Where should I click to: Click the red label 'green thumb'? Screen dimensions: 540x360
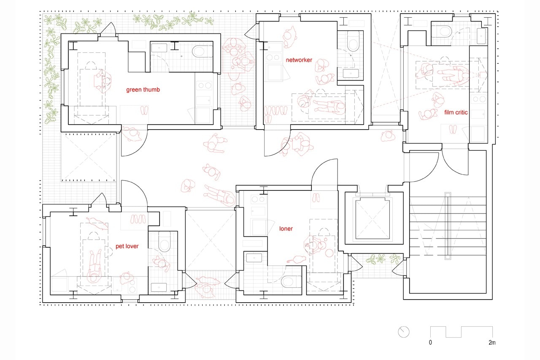coord(143,90)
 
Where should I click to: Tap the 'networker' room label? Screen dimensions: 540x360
coord(299,60)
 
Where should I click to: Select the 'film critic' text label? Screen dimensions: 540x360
coord(456,112)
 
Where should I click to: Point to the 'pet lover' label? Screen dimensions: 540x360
coord(127,246)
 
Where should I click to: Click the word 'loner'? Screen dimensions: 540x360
coord(286,229)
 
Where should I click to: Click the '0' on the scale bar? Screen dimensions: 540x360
coord(430,342)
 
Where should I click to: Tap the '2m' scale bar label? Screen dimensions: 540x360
coord(492,342)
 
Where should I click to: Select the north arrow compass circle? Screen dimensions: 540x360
coord(404,332)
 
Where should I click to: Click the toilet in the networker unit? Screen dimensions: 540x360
coord(353,41)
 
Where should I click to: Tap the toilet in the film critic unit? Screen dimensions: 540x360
coord(441,31)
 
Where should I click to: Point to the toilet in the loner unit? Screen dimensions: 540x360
coord(291,282)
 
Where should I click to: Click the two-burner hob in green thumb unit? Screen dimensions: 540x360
coord(204,85)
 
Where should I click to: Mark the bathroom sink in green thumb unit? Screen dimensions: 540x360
coord(159,48)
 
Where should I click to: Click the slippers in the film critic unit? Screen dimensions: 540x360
coord(453,129)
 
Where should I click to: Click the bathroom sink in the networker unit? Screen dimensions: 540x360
coord(351,73)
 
